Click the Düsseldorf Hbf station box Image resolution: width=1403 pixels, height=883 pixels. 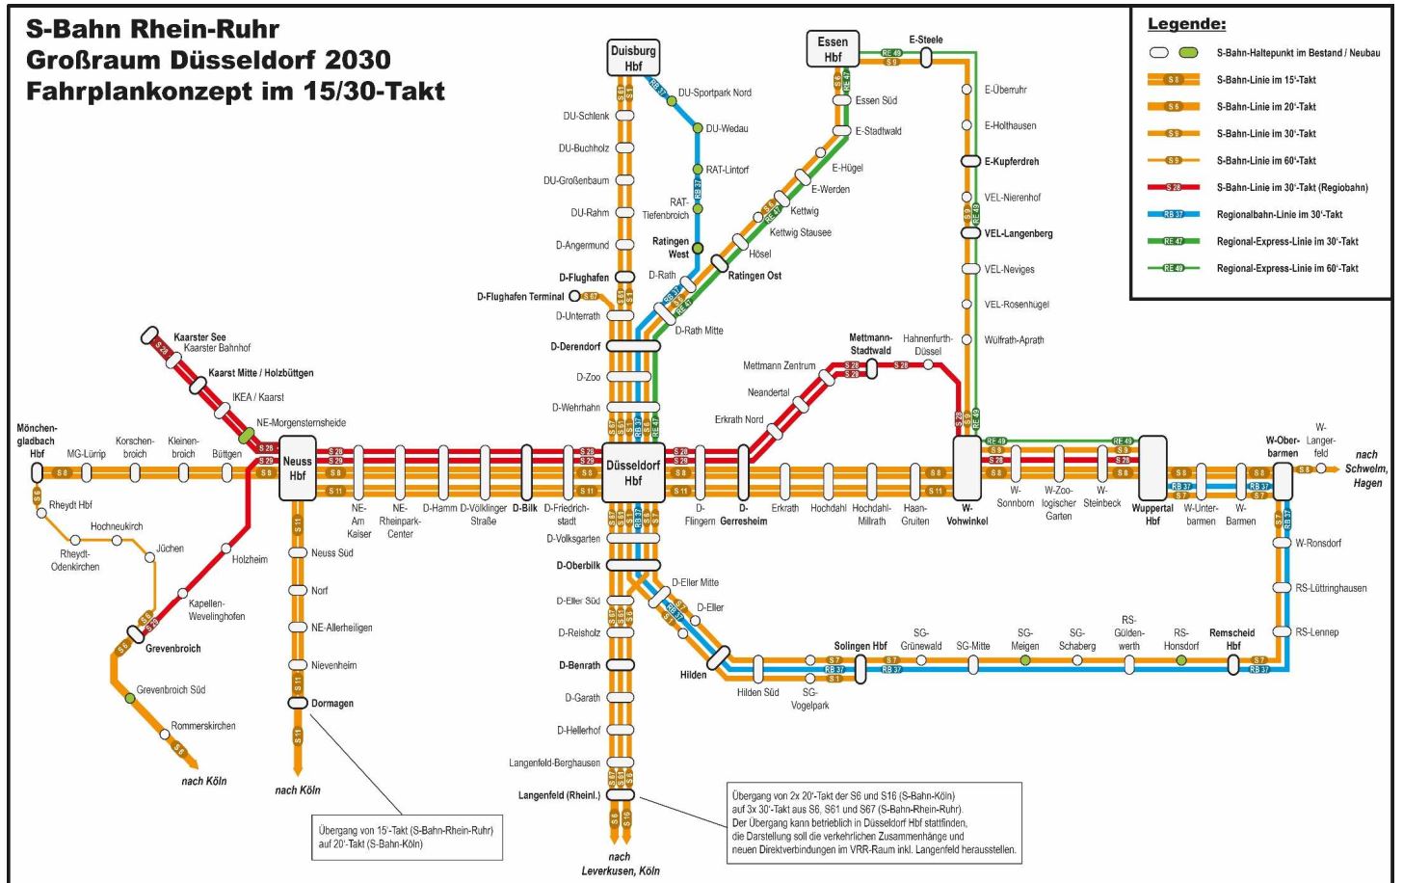point(633,472)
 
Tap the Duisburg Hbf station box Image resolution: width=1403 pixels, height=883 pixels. point(633,58)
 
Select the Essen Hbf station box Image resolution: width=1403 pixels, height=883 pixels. point(833,49)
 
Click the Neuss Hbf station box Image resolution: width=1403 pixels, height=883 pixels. point(298,468)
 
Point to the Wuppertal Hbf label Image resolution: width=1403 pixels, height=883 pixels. point(1152,515)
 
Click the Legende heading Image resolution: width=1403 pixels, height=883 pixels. point(1186,24)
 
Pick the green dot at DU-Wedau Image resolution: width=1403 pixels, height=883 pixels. point(699,128)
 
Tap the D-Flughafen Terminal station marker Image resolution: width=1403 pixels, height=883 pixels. point(574,296)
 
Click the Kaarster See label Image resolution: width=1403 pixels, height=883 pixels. point(199,337)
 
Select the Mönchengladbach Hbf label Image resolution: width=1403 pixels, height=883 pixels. point(37,441)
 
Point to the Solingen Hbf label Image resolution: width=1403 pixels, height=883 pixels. point(860,646)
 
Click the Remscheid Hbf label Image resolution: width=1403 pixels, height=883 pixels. point(1232,639)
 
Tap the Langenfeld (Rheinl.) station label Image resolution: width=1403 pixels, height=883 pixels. point(560,795)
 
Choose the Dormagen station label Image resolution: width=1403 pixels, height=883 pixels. point(332,704)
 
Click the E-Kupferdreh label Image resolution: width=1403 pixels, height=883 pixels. point(1012,161)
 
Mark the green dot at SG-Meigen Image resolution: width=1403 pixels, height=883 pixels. point(1025,660)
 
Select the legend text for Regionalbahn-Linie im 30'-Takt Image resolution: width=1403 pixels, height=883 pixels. point(1279,215)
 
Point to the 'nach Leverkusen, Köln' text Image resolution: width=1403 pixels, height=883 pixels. point(621,864)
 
